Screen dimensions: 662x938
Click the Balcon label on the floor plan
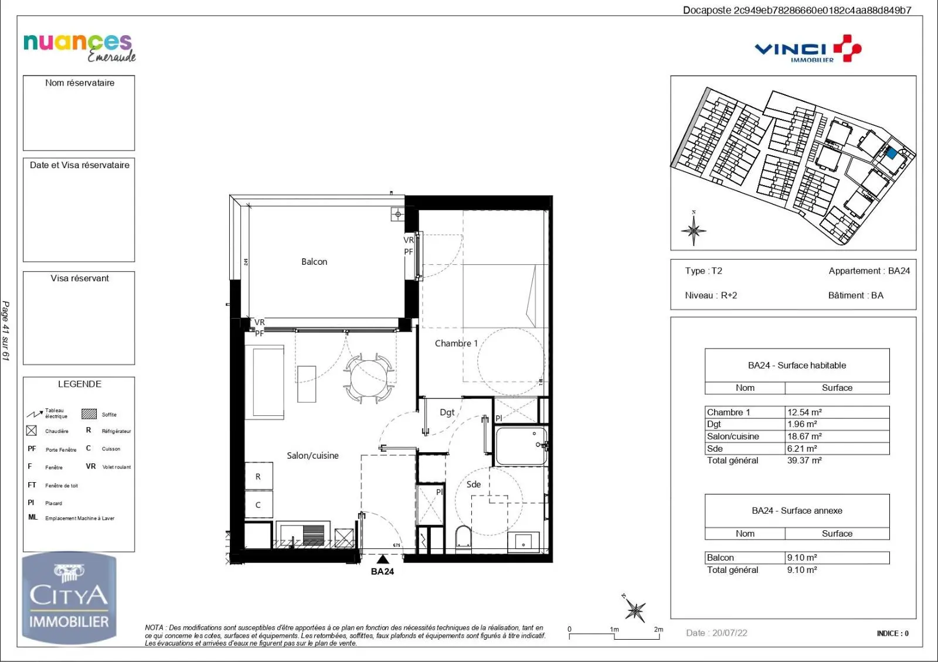pos(314,262)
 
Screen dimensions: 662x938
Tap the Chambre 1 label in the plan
pos(456,343)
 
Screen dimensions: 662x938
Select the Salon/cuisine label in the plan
pos(312,455)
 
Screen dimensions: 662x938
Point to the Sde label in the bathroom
pos(474,484)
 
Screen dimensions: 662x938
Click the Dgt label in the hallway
pos(447,412)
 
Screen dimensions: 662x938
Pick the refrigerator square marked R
pos(258,477)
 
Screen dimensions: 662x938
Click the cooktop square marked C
pos(258,505)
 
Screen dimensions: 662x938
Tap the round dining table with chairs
pos(368,378)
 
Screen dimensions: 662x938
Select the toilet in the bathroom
pos(463,538)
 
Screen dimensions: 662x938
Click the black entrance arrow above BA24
pos(383,559)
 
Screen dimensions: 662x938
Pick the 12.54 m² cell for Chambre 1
pos(804,412)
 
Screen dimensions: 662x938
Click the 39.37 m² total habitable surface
pos(804,460)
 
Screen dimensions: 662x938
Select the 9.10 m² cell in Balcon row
pos(802,558)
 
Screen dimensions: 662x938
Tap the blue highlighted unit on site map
pos(891,154)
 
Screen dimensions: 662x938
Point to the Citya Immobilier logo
pos(69,598)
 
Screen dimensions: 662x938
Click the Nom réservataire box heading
pos(80,83)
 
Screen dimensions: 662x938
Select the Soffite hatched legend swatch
pos(89,414)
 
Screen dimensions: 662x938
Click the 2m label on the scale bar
pos(658,629)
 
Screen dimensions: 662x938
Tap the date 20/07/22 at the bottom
pos(716,633)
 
